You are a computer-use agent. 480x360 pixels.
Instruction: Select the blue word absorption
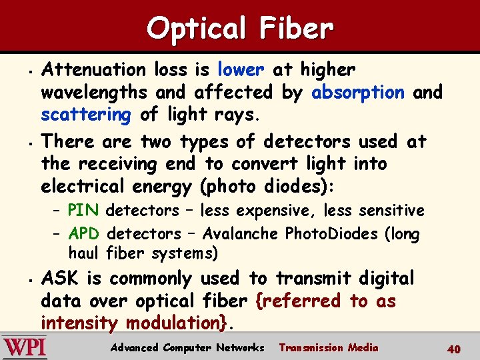pos(359,92)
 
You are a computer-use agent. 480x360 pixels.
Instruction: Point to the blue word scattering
pos(86,115)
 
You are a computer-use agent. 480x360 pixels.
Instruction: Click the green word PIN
pos(83,211)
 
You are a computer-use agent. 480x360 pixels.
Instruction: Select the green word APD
pos(84,233)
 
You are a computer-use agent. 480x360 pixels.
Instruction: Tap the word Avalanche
pos(241,233)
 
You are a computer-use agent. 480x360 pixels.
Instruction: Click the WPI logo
pos(25,347)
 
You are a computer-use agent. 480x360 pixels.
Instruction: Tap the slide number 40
pos(454,348)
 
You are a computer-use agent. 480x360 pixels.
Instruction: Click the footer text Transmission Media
pos(328,347)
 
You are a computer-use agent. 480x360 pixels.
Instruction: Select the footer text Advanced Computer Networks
pos(187,347)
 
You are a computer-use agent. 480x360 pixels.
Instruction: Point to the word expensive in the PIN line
pos(273,211)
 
